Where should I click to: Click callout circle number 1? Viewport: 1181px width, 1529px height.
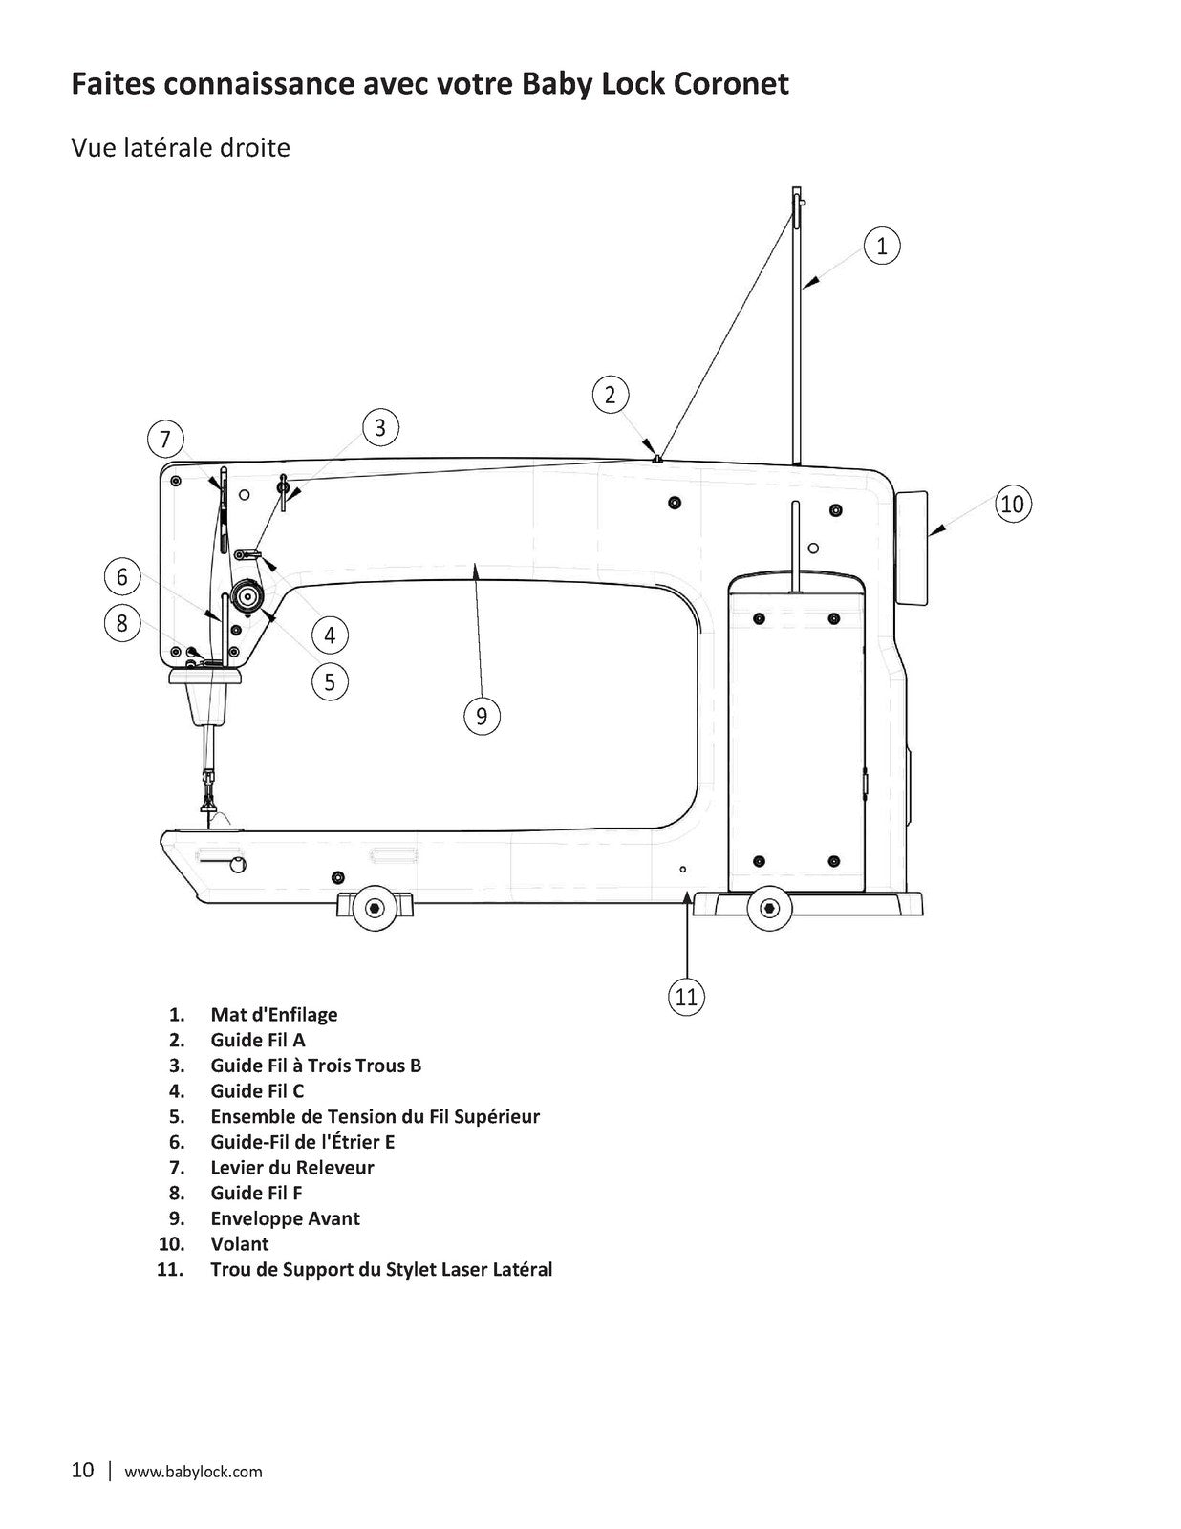881,247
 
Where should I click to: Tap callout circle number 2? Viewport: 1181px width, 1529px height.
610,395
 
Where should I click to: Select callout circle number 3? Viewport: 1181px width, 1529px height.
380,428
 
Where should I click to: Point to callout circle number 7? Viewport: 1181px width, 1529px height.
165,439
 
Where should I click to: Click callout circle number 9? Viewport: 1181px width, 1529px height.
482,717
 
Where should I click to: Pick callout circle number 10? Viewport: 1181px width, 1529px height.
1013,504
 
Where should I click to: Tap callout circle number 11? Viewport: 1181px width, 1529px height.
686,997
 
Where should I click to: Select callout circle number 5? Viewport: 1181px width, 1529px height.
330,681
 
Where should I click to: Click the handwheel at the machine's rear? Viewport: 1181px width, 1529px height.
912,549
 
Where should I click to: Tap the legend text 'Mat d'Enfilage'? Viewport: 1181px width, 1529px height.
273,1015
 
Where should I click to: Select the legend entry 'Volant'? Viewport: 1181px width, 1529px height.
239,1244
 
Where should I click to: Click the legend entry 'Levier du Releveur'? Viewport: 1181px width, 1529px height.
292,1168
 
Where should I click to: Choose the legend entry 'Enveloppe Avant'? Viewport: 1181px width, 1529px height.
285,1218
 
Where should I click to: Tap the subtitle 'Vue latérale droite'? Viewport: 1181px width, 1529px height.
181,148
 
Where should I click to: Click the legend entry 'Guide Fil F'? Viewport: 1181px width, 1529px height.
256,1193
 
